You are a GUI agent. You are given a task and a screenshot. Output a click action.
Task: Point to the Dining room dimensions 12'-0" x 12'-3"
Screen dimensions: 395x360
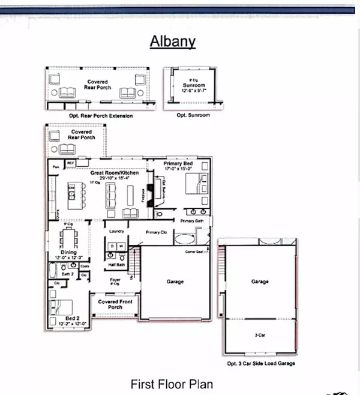coord(68,258)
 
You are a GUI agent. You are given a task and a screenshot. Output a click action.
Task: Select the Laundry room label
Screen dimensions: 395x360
coord(116,231)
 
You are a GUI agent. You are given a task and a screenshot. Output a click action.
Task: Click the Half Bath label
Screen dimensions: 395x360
coord(116,265)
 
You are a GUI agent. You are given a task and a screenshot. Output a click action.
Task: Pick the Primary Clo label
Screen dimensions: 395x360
coord(155,232)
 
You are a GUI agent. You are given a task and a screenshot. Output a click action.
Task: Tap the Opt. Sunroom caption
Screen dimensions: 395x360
coord(193,115)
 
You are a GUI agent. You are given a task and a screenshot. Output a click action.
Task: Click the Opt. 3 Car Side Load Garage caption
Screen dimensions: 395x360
coord(260,363)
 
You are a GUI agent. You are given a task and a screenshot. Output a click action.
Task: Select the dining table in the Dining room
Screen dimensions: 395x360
coord(68,237)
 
